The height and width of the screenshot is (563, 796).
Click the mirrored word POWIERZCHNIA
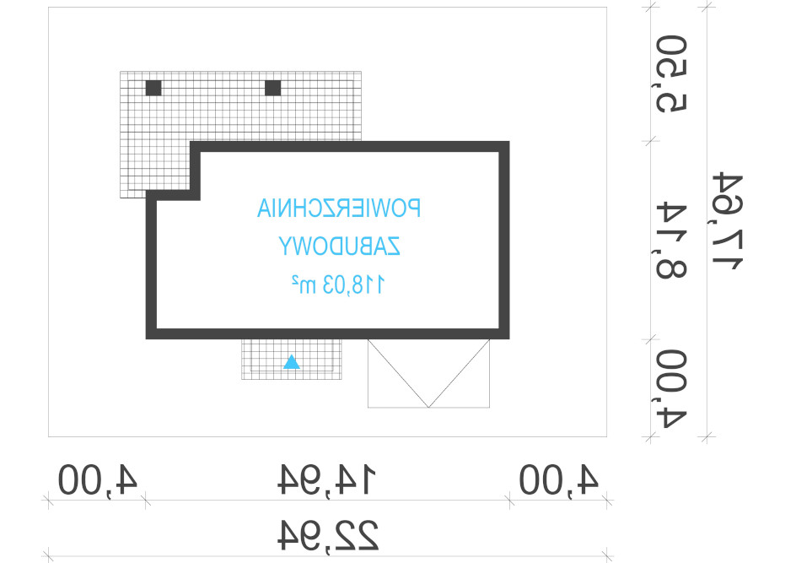point(339,208)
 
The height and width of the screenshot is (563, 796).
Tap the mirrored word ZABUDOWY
point(340,246)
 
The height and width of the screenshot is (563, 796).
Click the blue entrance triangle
point(292,362)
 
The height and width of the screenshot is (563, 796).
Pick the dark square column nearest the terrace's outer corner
point(153,88)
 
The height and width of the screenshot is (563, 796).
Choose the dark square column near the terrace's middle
point(273,88)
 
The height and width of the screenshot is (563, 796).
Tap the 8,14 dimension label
point(671,240)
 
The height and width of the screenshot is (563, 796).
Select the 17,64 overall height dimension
point(727,221)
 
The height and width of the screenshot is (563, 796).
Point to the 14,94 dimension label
point(327,479)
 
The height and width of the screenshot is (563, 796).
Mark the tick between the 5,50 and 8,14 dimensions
point(651,141)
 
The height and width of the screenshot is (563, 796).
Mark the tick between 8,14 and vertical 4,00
point(651,338)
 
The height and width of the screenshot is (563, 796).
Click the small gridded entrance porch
point(292,360)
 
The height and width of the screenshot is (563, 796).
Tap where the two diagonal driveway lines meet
point(428,407)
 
